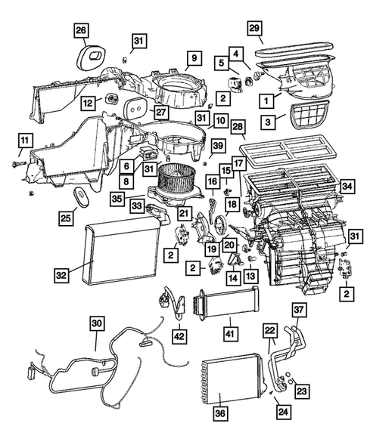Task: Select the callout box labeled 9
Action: pos(193,57)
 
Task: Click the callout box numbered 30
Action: pos(97,323)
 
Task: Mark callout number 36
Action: pos(220,413)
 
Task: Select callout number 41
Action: pos(228,331)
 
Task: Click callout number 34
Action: pos(347,186)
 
